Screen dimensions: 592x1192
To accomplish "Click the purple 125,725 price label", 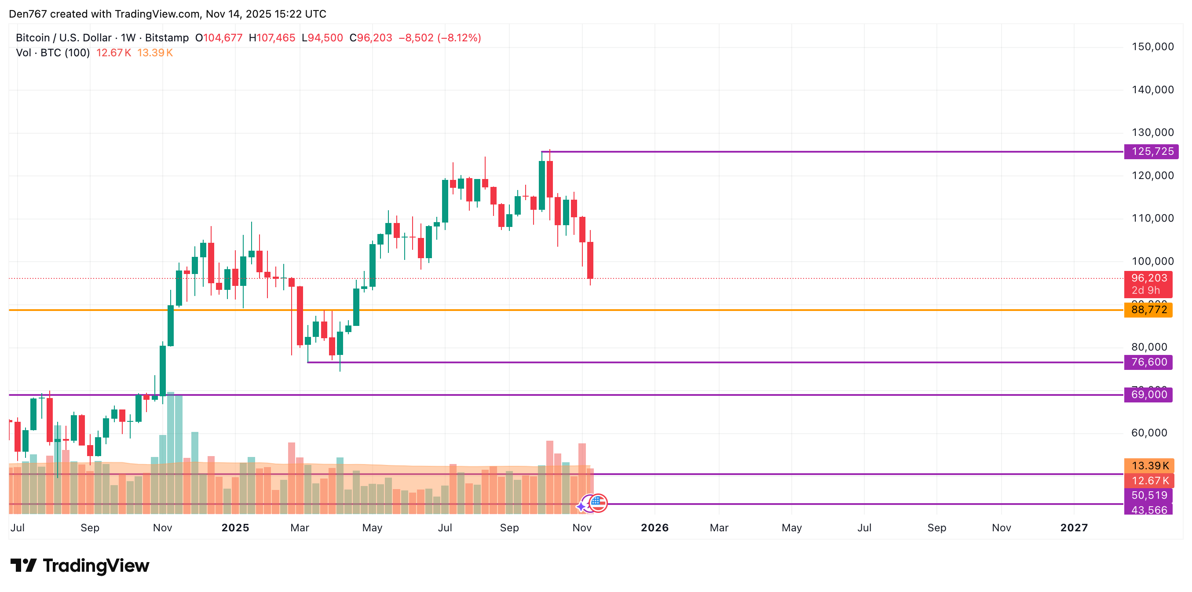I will pos(1151,151).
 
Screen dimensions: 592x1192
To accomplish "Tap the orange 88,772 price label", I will pos(1148,310).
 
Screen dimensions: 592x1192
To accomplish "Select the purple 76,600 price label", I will pos(1148,362).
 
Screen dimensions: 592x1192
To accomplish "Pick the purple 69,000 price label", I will pos(1148,395).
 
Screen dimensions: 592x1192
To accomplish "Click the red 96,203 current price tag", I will pos(1148,278).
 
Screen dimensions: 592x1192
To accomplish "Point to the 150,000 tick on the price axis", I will pos(1152,47).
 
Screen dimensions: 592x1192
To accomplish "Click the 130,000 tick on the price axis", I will pos(1152,132).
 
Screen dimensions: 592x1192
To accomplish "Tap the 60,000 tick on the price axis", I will pos(1149,433).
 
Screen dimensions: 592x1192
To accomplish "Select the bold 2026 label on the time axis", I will pos(655,528).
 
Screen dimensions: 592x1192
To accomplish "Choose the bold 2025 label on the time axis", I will pos(235,528).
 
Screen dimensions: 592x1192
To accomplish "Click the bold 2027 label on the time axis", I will pos(1074,528).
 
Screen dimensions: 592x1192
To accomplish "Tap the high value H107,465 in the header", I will pos(272,38).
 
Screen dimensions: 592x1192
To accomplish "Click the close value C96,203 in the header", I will pos(371,38).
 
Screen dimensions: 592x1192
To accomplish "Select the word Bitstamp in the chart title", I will pos(167,38).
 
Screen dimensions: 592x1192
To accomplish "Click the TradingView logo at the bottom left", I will pos(80,566).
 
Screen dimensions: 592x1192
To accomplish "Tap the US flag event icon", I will pos(598,503).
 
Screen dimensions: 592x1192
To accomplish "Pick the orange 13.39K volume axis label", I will pos(1149,466).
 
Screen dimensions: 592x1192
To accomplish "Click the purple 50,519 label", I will pos(1149,495).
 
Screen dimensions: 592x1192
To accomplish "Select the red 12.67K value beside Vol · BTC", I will pos(113,53).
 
